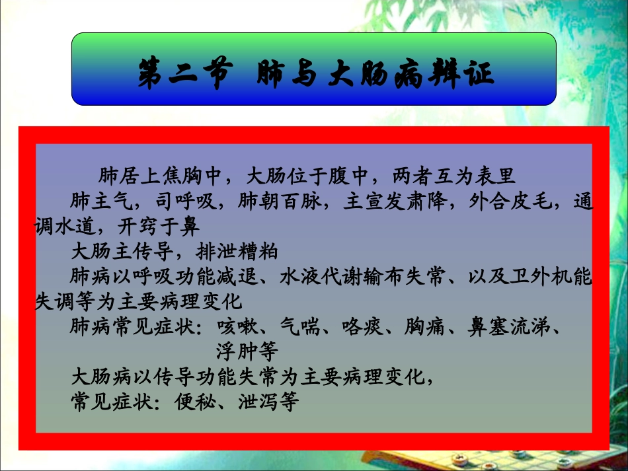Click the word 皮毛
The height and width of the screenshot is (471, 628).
coord(530,201)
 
